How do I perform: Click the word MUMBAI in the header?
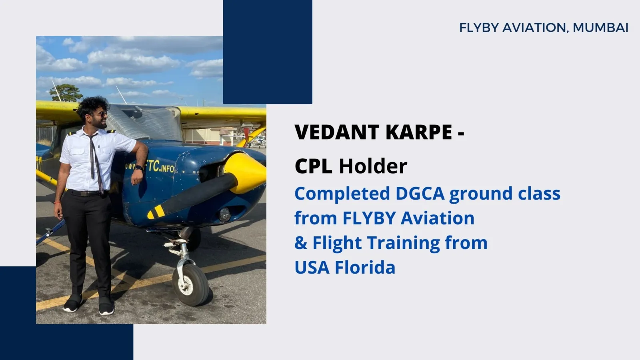pyautogui.click(x=600, y=28)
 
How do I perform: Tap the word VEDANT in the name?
pyautogui.click(x=337, y=132)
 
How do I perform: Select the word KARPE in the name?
pyautogui.click(x=418, y=132)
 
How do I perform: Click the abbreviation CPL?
pyautogui.click(x=313, y=166)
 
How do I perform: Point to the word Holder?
pyautogui.click(x=373, y=166)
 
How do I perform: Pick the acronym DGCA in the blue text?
pyautogui.click(x=420, y=194)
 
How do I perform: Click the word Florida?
pyautogui.click(x=365, y=267)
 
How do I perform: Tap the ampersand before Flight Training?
pyautogui.click(x=300, y=243)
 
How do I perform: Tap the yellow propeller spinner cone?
pyautogui.click(x=245, y=173)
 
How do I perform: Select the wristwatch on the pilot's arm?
pyautogui.click(x=138, y=168)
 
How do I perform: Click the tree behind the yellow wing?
pyautogui.click(x=66, y=93)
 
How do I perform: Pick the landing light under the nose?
pyautogui.click(x=225, y=214)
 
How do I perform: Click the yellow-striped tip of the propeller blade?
pyautogui.click(x=156, y=212)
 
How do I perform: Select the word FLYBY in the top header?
pyautogui.click(x=479, y=28)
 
